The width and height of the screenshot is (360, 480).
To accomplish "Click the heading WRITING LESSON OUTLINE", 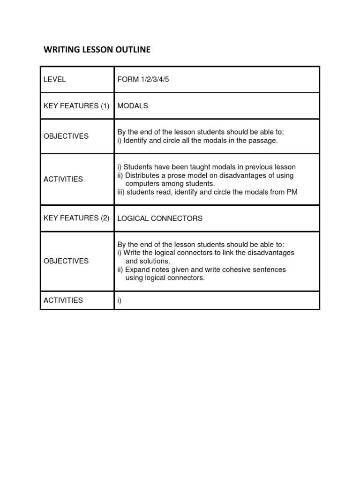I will point(97,50).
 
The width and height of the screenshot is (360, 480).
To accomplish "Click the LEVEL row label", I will point(55,79).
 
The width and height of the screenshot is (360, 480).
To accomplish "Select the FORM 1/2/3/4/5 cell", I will point(143,79).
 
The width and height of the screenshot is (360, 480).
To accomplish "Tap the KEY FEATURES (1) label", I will point(76,106).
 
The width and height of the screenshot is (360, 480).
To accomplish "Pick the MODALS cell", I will point(133,106).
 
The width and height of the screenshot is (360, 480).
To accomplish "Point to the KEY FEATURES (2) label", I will point(76,218).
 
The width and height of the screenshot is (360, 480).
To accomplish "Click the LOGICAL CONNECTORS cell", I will point(160,218).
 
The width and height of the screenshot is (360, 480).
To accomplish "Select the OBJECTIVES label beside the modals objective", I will point(66,136).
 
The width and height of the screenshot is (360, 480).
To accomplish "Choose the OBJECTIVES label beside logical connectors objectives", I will point(66,261).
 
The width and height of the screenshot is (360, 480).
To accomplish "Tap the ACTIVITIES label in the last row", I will point(63,300).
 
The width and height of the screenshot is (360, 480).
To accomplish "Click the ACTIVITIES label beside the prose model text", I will point(63,179).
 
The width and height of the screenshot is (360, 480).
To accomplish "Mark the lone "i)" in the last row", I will point(120,300).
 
